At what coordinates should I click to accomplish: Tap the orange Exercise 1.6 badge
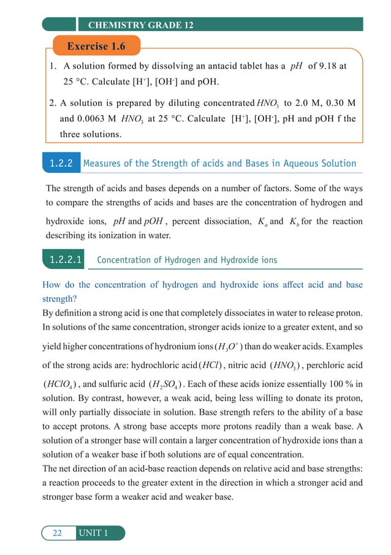[96, 47]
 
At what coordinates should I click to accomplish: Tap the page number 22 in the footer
[57, 533]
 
